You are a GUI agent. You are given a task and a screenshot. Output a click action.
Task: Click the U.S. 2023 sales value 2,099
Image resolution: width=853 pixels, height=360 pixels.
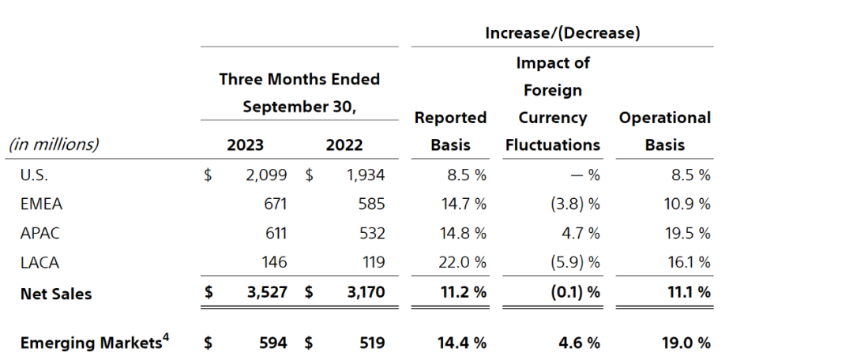266,175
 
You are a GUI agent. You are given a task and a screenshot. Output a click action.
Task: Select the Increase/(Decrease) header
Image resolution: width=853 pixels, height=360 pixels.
562,33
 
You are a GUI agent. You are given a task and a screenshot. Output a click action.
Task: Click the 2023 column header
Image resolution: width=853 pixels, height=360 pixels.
245,145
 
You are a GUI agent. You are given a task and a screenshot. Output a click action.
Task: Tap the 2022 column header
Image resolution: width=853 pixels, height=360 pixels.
344,145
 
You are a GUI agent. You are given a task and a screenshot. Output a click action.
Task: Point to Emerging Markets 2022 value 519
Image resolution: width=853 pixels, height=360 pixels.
370,343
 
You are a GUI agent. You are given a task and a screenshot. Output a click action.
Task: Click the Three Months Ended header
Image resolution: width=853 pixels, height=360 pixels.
299,79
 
